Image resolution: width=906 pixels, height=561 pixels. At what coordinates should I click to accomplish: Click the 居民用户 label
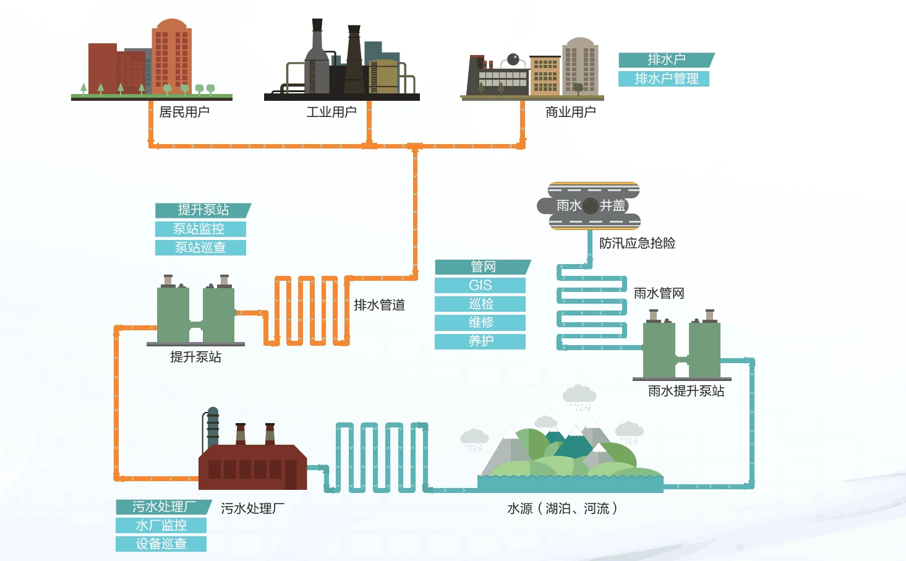tap(184, 112)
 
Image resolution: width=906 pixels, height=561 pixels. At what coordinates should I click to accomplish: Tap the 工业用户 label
tap(331, 112)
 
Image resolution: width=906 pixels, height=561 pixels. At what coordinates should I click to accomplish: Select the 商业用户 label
tap(570, 112)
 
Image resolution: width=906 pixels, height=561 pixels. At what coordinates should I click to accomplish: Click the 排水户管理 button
tap(664, 79)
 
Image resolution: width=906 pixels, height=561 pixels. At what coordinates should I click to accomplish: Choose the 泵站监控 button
tap(200, 229)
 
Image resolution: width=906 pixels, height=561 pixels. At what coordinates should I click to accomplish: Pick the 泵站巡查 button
tap(200, 247)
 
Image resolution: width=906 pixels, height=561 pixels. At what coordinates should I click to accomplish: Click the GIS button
tap(480, 285)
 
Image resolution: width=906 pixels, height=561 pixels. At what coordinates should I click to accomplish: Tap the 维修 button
tap(480, 322)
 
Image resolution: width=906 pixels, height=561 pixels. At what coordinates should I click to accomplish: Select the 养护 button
tap(480, 341)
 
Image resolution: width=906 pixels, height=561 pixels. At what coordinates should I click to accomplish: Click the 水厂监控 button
tap(161, 525)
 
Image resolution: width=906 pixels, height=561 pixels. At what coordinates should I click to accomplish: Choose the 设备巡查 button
tap(161, 544)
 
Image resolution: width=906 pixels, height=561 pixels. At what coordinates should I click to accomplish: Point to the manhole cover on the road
tap(591, 206)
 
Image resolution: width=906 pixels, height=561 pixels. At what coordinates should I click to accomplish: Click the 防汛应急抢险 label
tap(638, 243)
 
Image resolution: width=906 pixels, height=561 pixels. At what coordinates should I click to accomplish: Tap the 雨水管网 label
tap(659, 293)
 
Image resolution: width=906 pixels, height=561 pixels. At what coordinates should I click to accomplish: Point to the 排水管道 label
tap(379, 305)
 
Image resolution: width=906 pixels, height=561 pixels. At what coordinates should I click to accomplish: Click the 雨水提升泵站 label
tap(686, 391)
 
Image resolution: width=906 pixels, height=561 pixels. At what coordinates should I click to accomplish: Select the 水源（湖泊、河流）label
tap(562, 508)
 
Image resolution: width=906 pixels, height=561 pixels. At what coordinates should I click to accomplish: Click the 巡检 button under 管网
tap(480, 304)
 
